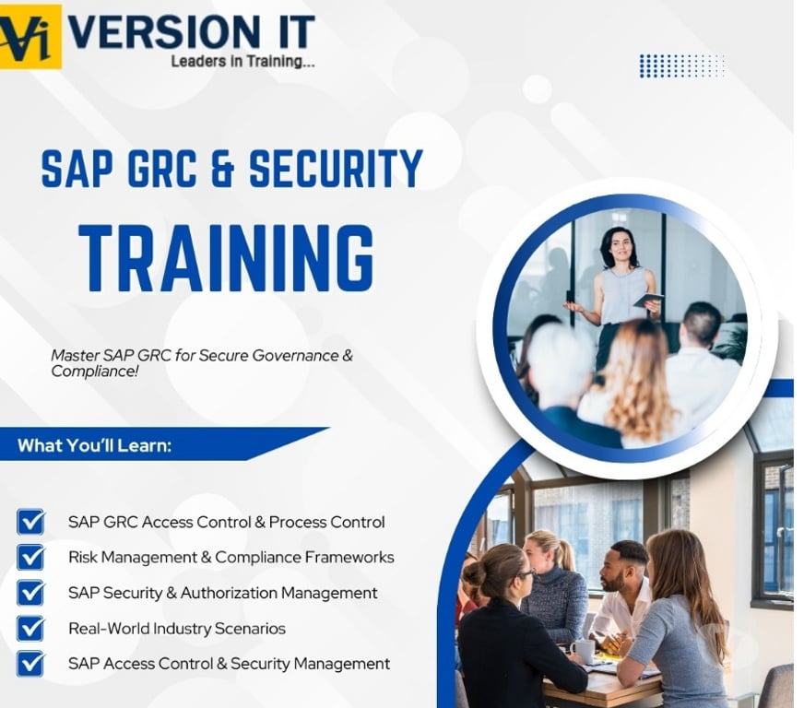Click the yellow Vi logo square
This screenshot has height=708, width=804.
30,37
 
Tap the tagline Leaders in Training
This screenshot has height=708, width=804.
242,62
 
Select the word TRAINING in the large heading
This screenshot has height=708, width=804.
226,258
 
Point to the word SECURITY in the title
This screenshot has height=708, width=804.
336,170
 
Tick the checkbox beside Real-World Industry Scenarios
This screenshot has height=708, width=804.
30,628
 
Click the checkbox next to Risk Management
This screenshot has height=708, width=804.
30,557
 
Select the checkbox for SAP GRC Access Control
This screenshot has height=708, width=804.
30,522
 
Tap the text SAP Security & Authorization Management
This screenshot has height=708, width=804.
222,593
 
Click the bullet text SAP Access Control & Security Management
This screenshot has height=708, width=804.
229,664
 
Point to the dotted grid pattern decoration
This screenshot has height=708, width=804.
681,65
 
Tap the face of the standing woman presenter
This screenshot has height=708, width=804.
620,248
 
